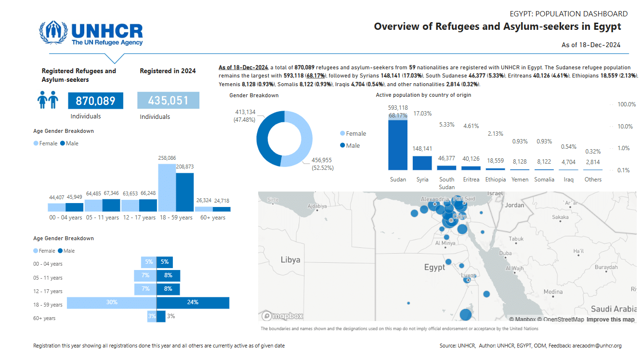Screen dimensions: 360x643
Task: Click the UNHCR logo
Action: click(x=91, y=33)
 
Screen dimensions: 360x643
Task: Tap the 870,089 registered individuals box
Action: click(x=95, y=101)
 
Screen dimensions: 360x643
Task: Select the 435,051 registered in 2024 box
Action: click(x=168, y=101)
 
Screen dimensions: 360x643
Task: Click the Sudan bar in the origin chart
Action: click(x=398, y=144)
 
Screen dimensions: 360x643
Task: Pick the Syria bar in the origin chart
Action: click(x=422, y=163)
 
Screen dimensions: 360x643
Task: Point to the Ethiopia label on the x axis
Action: click(x=496, y=180)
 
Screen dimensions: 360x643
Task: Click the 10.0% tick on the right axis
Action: click(x=627, y=126)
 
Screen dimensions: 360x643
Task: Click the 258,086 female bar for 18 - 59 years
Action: click(x=167, y=188)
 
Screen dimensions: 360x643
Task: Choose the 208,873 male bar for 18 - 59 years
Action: click(x=184, y=192)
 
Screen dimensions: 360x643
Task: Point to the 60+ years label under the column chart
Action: click(x=212, y=218)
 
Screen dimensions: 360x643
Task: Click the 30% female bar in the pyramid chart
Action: click(x=112, y=303)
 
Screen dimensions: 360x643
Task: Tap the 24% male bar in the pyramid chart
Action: click(x=193, y=303)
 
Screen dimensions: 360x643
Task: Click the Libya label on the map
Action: click(x=290, y=260)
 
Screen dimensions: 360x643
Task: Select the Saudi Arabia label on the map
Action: click(x=614, y=309)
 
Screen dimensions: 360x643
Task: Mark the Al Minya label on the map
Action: click(x=445, y=244)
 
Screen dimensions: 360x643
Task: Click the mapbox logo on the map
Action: click(x=283, y=316)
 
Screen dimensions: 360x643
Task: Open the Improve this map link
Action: click(x=610, y=320)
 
